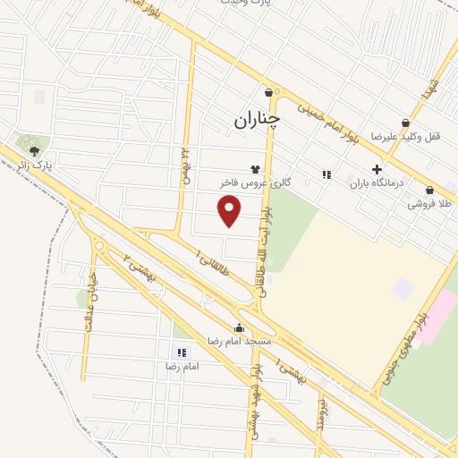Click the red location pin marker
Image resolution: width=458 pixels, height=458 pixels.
231,210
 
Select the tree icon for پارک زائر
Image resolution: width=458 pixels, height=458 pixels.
34,151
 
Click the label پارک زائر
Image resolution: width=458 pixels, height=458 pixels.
38,165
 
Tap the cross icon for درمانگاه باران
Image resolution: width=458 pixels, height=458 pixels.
377,168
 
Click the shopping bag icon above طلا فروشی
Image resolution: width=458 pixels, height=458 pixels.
430,190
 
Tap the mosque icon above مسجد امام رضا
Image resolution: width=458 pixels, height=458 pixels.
239,327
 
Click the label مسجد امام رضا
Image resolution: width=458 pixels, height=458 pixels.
239,341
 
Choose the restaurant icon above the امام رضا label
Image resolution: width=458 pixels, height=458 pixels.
180,352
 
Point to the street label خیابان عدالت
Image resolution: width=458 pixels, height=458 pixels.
91,312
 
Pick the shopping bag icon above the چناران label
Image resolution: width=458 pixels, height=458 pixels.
268,92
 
